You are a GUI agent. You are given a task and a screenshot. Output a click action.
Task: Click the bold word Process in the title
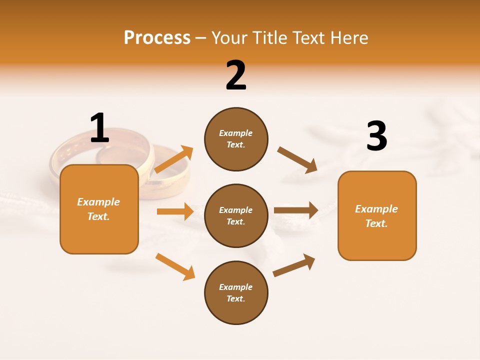[x=157, y=38]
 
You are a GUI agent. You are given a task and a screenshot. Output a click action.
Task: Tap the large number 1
[x=99, y=128]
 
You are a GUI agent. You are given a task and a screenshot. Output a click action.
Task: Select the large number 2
[x=236, y=75]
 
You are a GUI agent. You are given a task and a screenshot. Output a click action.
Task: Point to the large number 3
[x=376, y=136]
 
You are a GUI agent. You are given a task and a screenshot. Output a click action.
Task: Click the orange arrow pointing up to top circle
[x=174, y=159]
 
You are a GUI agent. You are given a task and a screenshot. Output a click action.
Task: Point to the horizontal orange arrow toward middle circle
[x=175, y=211]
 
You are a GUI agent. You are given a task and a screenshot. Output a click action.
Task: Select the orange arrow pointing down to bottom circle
[x=175, y=266]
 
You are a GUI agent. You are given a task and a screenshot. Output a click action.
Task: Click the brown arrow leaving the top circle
[x=297, y=160]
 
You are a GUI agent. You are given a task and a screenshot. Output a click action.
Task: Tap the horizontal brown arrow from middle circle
[x=296, y=210]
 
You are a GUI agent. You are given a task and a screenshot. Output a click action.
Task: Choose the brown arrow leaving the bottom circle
[x=294, y=265]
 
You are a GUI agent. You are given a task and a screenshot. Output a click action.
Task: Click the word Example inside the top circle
[x=236, y=133]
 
